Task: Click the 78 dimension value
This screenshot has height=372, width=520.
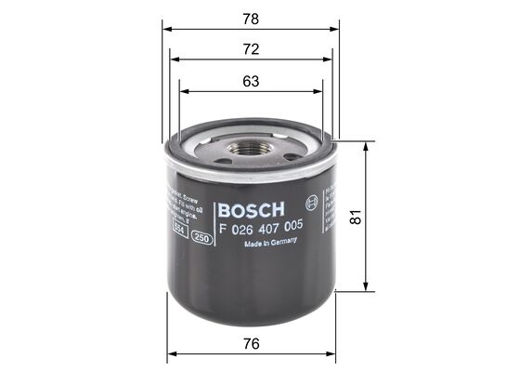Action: pyautogui.click(x=251, y=18)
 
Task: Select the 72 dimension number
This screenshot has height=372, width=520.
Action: pyautogui.click(x=251, y=47)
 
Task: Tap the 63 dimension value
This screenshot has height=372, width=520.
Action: pyautogui.click(x=251, y=80)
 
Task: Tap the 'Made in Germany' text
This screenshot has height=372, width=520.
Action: pyautogui.click(x=270, y=244)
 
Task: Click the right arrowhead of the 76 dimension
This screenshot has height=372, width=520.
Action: pyautogui.click(x=332, y=354)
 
